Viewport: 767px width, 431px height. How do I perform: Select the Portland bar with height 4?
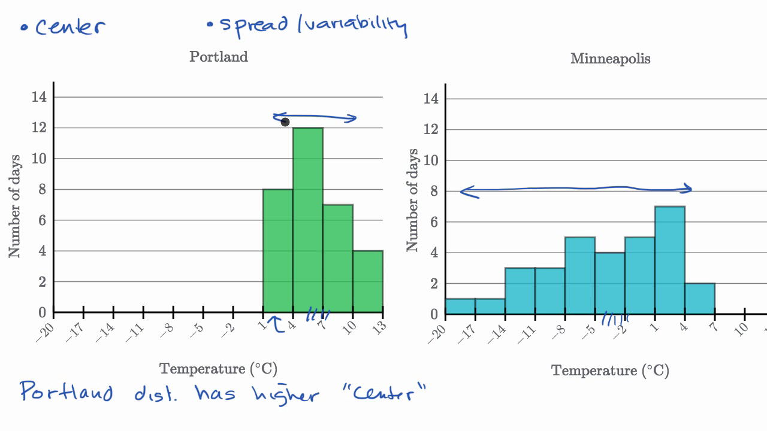[368, 281]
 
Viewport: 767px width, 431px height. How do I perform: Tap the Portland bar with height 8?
[278, 251]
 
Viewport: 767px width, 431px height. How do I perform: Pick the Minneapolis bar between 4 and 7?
[700, 299]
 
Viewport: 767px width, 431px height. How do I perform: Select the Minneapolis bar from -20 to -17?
[460, 306]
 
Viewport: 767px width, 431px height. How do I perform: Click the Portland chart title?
[218, 57]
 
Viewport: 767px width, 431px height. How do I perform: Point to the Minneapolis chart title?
[610, 59]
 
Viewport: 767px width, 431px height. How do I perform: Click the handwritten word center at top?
[70, 27]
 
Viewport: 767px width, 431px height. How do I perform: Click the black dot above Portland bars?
[285, 122]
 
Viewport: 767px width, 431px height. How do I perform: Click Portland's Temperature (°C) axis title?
[218, 369]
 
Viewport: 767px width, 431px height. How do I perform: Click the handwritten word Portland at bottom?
[67, 391]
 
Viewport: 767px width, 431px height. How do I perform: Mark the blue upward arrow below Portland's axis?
[277, 324]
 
